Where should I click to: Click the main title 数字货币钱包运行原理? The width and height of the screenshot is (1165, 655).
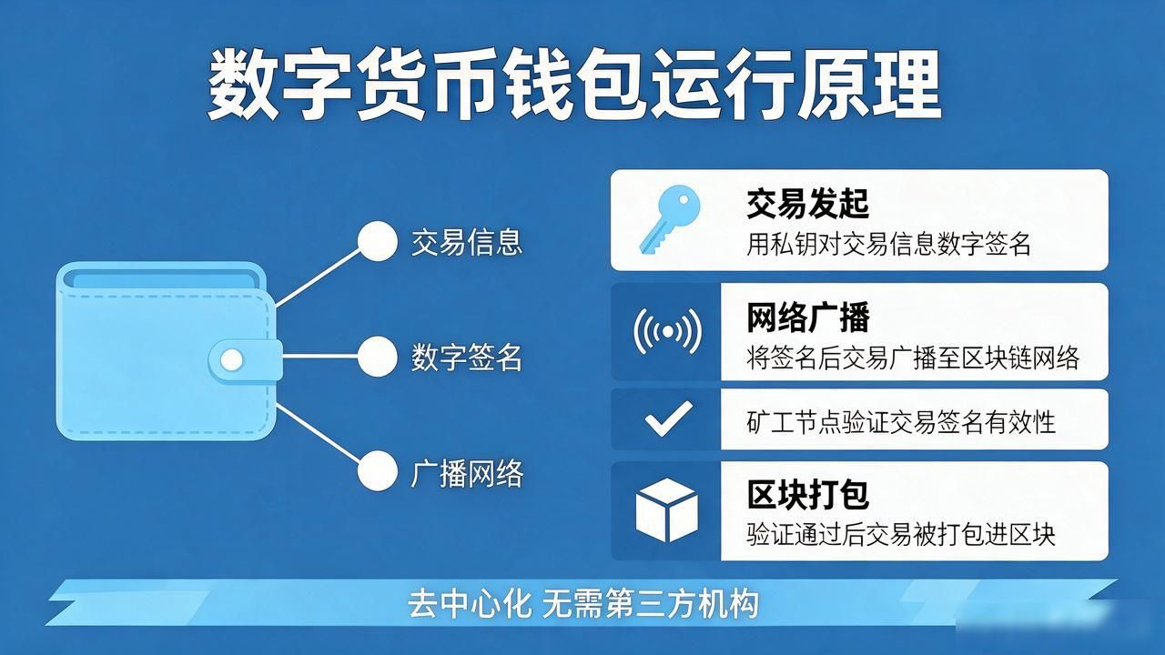pos(574,85)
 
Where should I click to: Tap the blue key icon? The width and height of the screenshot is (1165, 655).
pos(670,219)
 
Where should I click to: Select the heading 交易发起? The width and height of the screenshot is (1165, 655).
pos(807,204)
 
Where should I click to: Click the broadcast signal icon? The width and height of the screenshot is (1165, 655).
pos(668,331)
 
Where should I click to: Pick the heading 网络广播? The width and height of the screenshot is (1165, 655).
pos(807,317)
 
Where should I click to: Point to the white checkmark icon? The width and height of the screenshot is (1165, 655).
pos(669,418)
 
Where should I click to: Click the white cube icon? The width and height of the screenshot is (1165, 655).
pos(667,510)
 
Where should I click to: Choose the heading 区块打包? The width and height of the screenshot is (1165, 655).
pos(807,494)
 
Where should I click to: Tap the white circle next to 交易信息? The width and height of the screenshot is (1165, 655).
pos(378,241)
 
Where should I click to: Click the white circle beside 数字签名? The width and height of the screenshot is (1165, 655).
pos(378,357)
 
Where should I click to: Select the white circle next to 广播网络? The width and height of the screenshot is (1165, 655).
pos(378,471)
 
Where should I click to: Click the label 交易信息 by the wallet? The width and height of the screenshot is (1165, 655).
pos(467,242)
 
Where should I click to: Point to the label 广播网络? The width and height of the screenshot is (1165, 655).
pos(467,474)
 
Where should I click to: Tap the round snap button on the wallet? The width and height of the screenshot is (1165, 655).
pos(231,359)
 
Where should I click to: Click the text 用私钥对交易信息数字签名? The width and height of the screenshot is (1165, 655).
pos(888,244)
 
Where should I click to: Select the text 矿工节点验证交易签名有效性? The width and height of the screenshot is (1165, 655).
pos(901,421)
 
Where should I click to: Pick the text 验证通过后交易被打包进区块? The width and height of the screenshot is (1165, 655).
pos(901,534)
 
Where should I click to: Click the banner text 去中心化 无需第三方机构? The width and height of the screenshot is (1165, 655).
pos(582,604)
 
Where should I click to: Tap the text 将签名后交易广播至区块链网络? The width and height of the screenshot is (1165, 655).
pos(913,358)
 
